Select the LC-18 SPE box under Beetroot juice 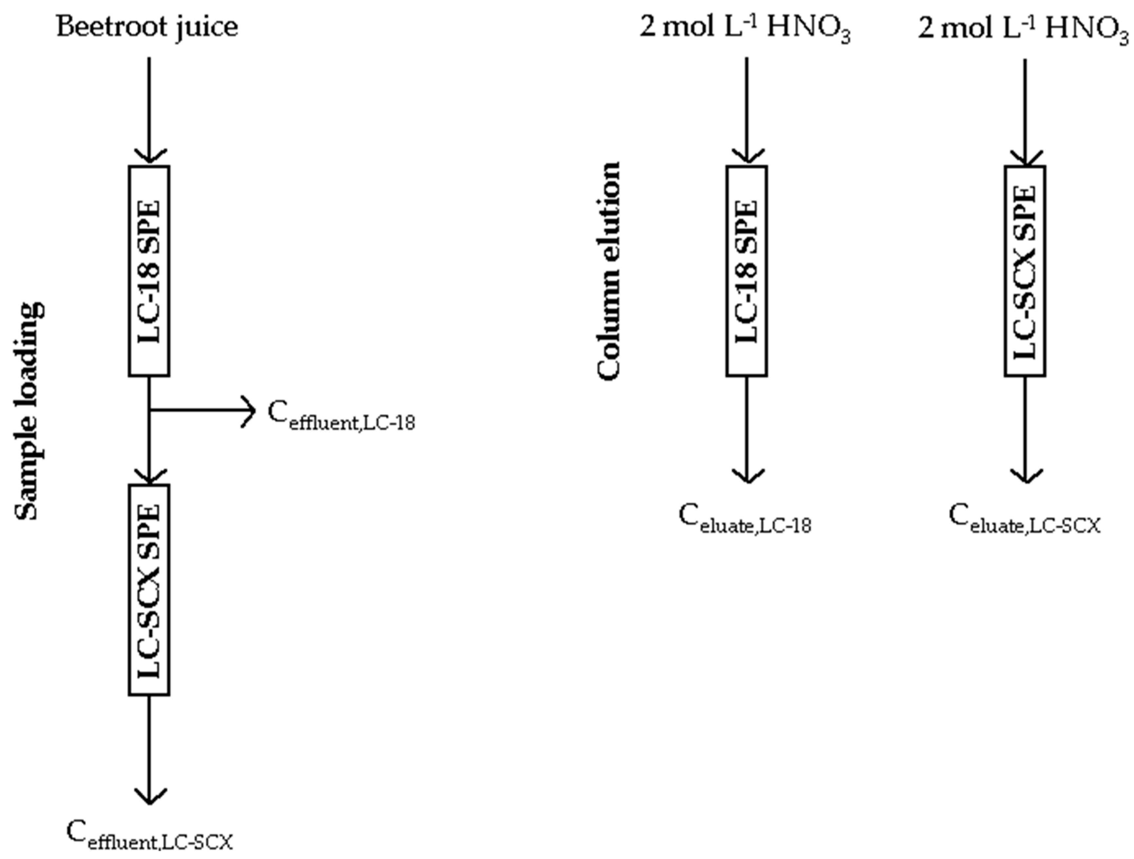[x=149, y=271]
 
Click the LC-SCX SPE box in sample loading [x=149, y=589]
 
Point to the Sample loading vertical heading [x=30, y=410]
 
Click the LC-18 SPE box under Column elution [x=746, y=271]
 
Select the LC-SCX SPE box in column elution [x=1025, y=271]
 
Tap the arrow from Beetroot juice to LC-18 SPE [x=149, y=108]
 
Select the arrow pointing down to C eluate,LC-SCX [x=1025, y=431]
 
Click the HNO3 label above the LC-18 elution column [x=808, y=28]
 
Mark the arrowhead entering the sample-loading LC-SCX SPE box [x=149, y=476]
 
